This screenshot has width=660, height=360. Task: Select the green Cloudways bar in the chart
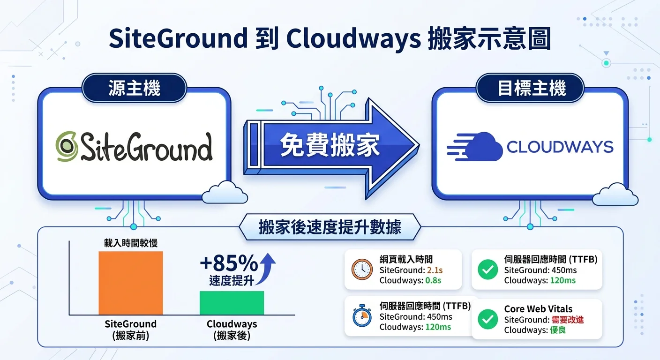232,303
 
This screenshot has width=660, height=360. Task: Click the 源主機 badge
135,88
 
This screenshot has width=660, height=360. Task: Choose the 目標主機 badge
532,88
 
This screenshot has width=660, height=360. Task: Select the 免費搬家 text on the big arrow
330,146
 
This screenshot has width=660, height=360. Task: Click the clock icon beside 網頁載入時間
362,270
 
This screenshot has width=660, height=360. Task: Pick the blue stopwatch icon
362,316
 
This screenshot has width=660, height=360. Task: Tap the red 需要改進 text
568,320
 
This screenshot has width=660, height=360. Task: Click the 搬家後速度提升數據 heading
330,227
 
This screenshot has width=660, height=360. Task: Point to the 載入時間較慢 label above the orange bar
130,243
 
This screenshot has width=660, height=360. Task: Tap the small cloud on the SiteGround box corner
225,193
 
